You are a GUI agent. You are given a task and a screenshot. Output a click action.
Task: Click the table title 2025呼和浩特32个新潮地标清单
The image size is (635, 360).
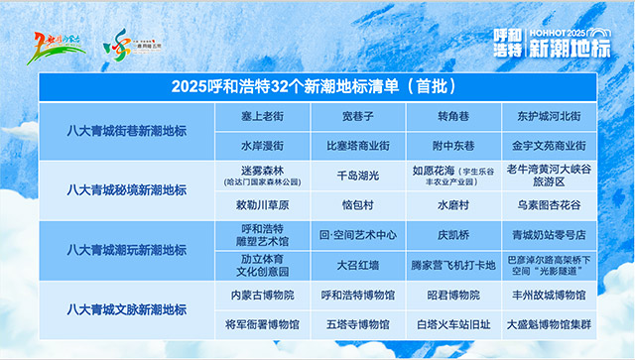[318, 87]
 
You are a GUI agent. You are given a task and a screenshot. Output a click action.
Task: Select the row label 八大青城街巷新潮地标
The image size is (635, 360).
[126, 131]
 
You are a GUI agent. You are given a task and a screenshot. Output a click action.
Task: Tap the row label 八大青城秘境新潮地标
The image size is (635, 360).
[126, 189]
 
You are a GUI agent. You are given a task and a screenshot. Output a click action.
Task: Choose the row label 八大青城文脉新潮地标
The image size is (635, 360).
[126, 308]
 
